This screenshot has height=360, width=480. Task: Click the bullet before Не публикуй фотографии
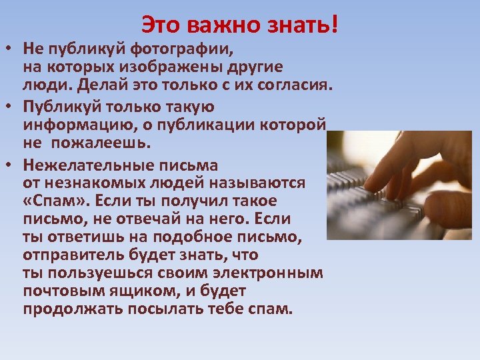point(9,50)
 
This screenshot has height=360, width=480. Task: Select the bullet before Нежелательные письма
point(9,165)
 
